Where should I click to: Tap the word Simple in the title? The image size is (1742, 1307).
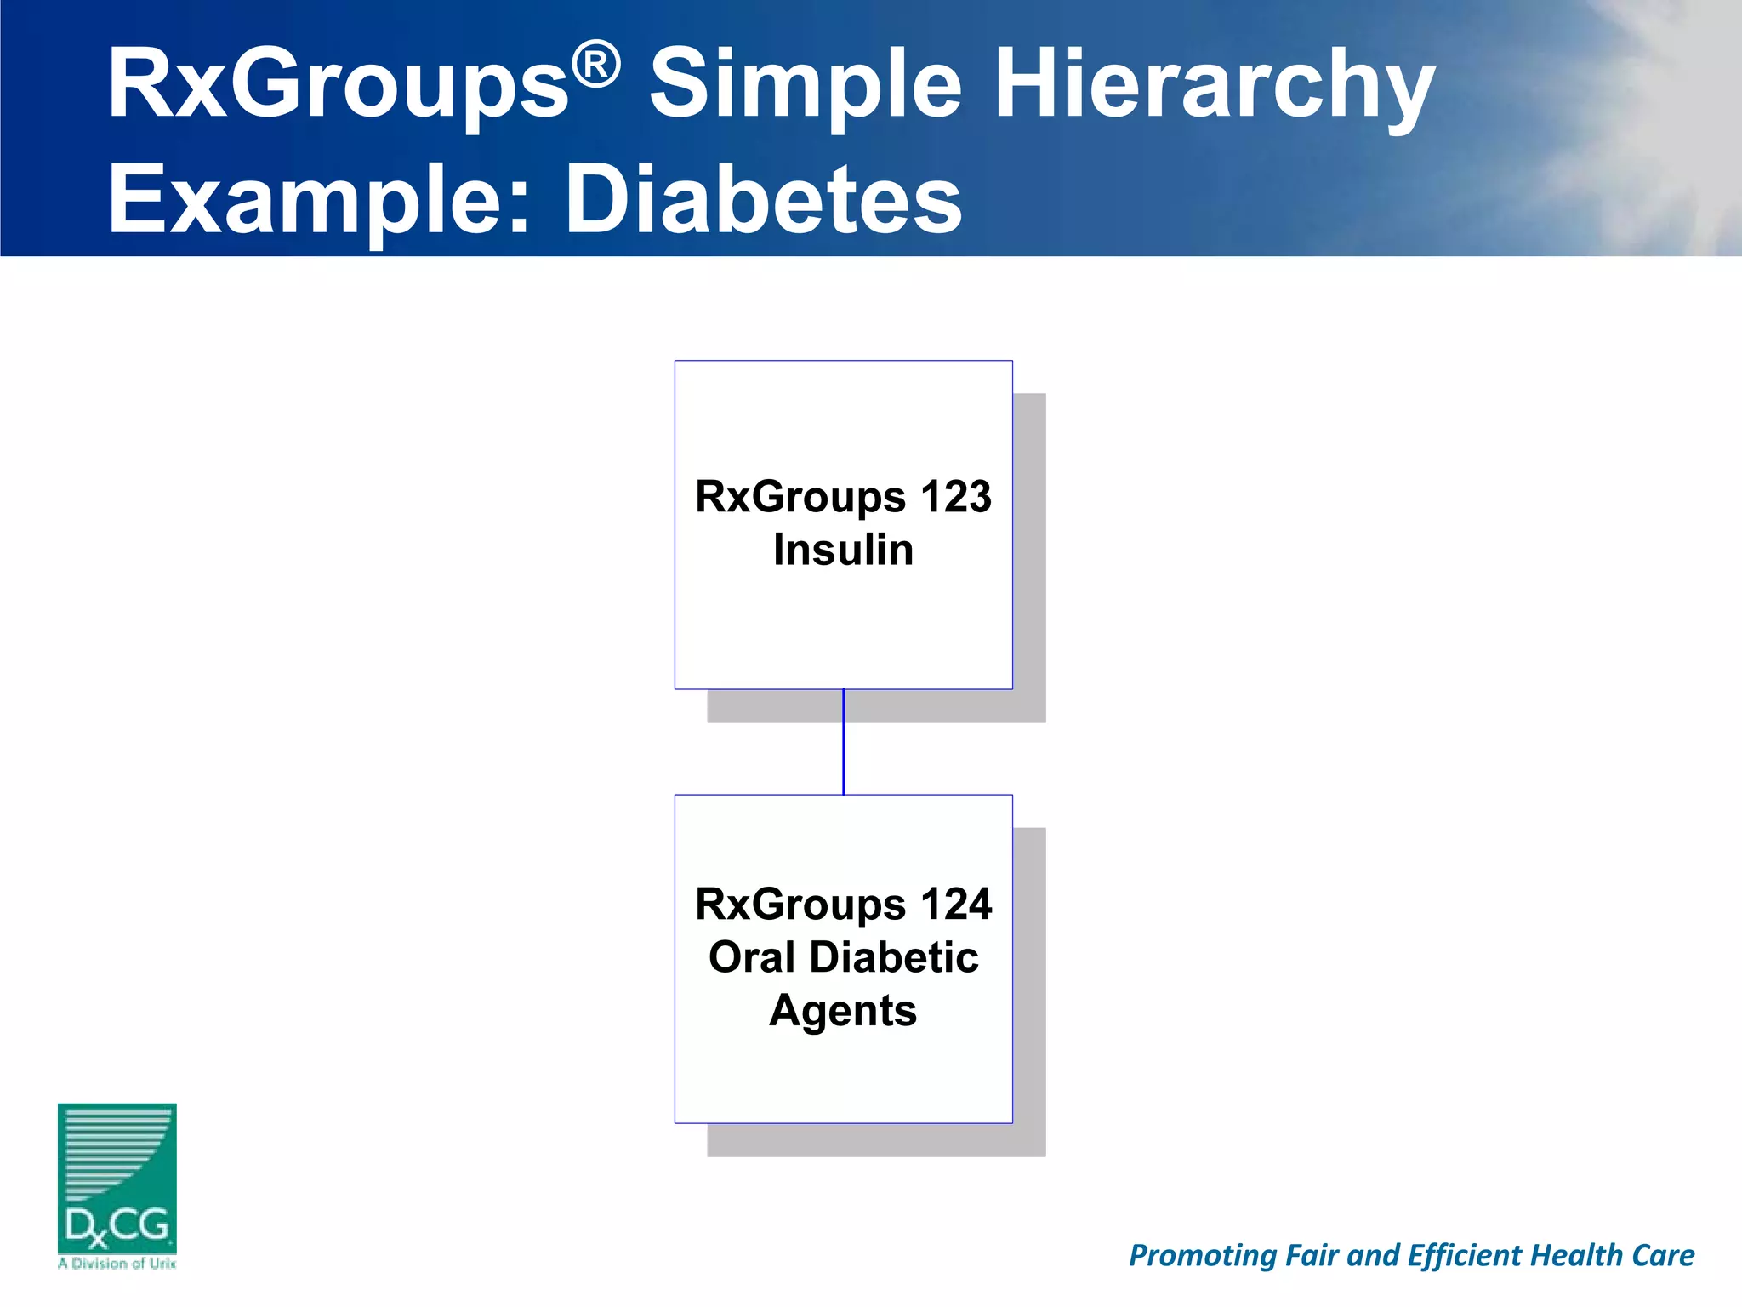[x=806, y=85]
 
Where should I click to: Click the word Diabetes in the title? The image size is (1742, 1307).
[x=763, y=200]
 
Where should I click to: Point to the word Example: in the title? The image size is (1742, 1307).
[x=319, y=202]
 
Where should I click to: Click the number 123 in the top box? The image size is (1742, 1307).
[x=955, y=497]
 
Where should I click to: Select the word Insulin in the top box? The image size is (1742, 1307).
[x=843, y=550]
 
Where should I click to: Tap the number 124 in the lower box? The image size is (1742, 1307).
[x=955, y=905]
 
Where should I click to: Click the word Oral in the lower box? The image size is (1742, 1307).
[x=751, y=957]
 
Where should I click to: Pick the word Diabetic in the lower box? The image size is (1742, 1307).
[x=893, y=957]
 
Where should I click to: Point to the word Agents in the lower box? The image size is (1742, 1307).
[x=843, y=1011]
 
